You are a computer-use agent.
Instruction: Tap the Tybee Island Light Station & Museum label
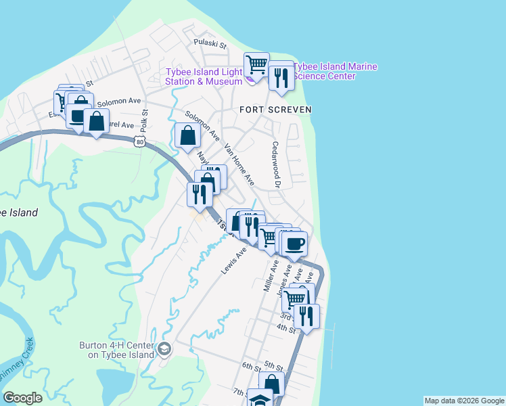coord(204,77)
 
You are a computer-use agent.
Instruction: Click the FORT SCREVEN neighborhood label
coord(275,109)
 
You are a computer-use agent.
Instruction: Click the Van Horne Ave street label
coord(239,164)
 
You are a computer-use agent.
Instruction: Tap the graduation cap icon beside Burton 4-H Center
coord(164,349)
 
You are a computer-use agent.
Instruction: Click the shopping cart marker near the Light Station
coord(257,66)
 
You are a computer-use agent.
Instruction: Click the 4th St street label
coord(286,330)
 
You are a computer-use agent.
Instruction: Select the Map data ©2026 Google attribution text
coord(463,401)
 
